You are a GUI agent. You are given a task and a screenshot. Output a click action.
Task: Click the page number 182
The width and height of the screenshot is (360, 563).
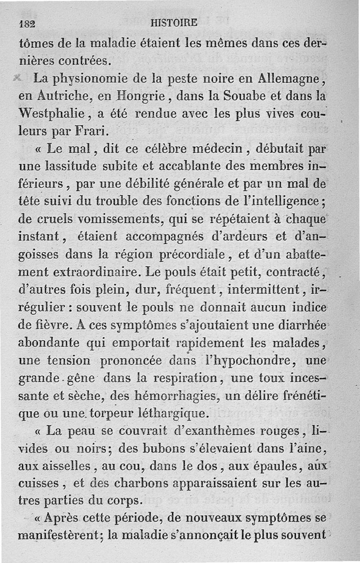(x=27, y=23)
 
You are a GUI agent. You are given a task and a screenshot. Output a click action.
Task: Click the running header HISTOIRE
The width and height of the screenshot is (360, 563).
(x=175, y=23)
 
